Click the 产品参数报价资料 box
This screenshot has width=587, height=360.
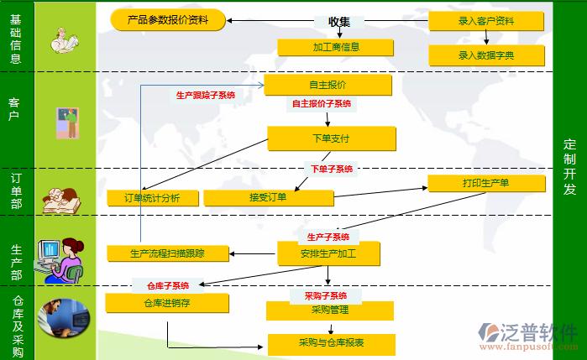tap(168, 19)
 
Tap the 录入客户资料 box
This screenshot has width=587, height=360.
tap(485, 21)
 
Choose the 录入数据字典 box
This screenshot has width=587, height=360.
tap(485, 55)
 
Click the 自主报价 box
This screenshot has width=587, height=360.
tap(328, 85)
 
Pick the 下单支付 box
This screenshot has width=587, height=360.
tap(331, 138)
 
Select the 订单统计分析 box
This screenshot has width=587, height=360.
tap(154, 198)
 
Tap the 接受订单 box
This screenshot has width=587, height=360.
tap(269, 198)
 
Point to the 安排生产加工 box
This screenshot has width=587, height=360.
tap(328, 253)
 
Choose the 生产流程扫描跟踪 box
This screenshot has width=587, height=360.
tap(168, 253)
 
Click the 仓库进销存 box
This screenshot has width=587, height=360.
tap(166, 304)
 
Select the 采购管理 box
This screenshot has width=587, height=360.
tap(329, 310)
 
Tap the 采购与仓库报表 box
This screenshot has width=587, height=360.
tap(330, 343)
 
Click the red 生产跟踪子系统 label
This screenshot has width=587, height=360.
tap(206, 96)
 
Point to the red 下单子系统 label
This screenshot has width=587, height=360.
tap(332, 169)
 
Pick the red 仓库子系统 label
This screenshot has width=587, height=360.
tap(168, 286)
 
